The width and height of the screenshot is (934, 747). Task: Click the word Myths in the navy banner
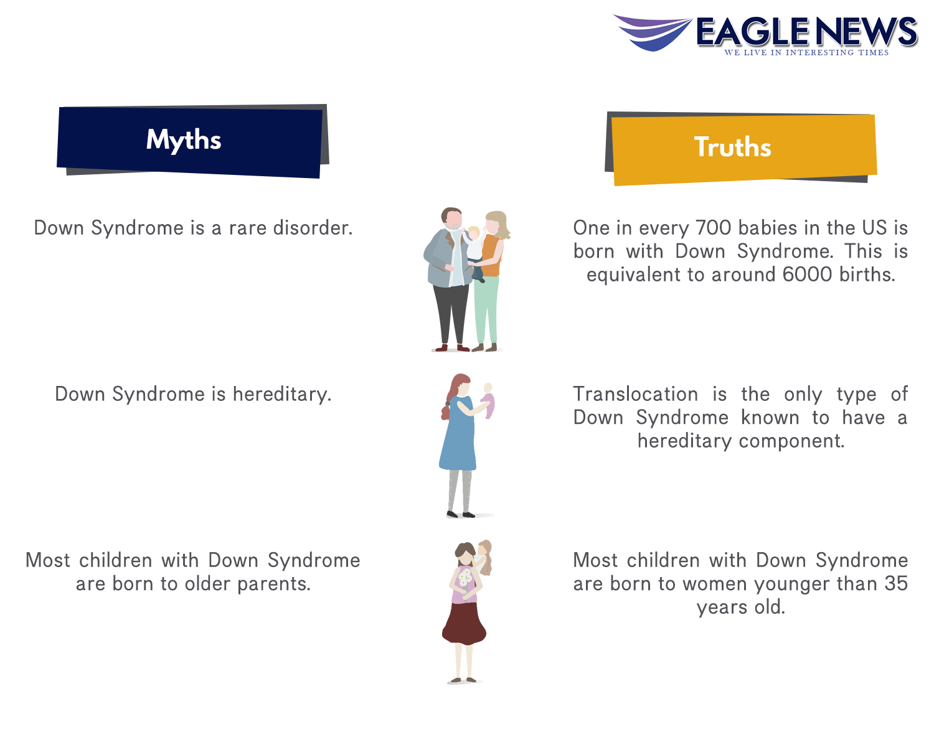[x=183, y=140]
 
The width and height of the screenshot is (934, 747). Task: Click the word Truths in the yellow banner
[x=733, y=147]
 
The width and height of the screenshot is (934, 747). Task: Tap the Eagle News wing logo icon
[x=653, y=32]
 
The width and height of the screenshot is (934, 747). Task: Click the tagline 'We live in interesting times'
[x=806, y=52]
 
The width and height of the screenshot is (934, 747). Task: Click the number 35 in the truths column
[x=896, y=583]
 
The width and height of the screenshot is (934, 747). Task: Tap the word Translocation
[x=635, y=394]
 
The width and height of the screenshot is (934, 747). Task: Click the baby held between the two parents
[x=475, y=252]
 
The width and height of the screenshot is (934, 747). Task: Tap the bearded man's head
[x=451, y=218]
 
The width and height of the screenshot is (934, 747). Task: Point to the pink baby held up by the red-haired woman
[x=488, y=400]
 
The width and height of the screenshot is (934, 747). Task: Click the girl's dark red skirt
[x=464, y=623]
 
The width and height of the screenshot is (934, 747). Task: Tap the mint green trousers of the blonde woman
[x=486, y=309]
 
